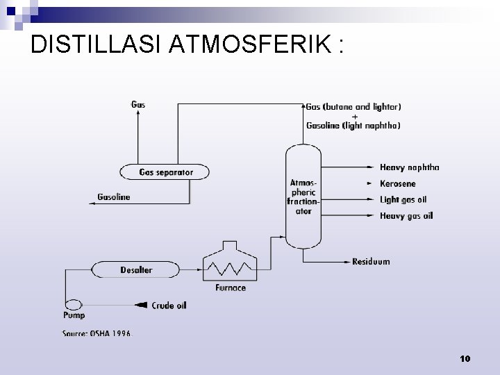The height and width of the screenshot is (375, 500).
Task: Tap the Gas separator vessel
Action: click(x=165, y=172)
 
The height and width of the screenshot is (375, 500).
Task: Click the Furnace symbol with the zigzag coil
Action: click(x=230, y=265)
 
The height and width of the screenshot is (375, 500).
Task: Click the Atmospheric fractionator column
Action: click(x=303, y=197)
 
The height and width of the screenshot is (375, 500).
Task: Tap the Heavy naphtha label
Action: click(x=409, y=167)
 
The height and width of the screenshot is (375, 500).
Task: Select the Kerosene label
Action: click(x=398, y=184)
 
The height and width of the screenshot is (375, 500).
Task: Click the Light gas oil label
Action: click(x=403, y=200)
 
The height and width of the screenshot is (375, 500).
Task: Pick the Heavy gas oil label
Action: click(x=406, y=216)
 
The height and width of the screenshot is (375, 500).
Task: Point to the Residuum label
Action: click(x=371, y=262)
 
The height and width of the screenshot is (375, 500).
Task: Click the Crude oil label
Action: click(x=170, y=305)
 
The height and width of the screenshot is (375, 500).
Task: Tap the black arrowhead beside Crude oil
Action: click(x=142, y=305)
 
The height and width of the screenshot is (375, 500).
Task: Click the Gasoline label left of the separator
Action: click(x=114, y=197)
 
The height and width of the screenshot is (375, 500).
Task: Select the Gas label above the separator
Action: click(x=138, y=105)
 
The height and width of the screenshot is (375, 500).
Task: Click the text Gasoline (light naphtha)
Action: click(x=353, y=126)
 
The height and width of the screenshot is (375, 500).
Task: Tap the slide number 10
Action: click(x=465, y=358)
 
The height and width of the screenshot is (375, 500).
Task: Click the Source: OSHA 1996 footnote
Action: click(x=97, y=333)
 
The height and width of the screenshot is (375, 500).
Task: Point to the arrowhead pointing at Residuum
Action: click(x=346, y=262)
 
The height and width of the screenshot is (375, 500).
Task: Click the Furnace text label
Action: click(x=230, y=287)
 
